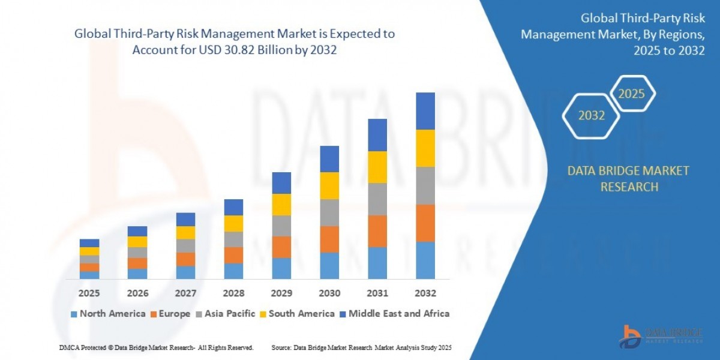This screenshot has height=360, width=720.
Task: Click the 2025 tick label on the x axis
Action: [89, 293]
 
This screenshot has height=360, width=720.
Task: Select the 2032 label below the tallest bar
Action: [425, 293]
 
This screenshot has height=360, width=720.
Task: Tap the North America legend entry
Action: [108, 314]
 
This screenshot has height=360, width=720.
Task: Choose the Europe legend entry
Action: [170, 314]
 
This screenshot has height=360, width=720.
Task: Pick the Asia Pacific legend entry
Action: [225, 314]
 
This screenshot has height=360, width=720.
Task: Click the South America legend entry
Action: [296, 314]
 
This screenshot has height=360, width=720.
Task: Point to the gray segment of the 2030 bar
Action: [329, 212]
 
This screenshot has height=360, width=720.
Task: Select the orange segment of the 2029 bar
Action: [281, 247]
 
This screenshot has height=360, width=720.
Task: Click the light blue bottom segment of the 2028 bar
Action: [233, 271]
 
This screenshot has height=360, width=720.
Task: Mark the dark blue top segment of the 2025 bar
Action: [89, 243]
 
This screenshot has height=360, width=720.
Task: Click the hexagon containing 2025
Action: [632, 94]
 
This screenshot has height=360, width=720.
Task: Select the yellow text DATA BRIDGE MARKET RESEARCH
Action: [628, 179]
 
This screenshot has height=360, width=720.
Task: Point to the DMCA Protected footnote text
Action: [157, 347]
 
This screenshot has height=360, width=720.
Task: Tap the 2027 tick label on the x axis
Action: [185, 293]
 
